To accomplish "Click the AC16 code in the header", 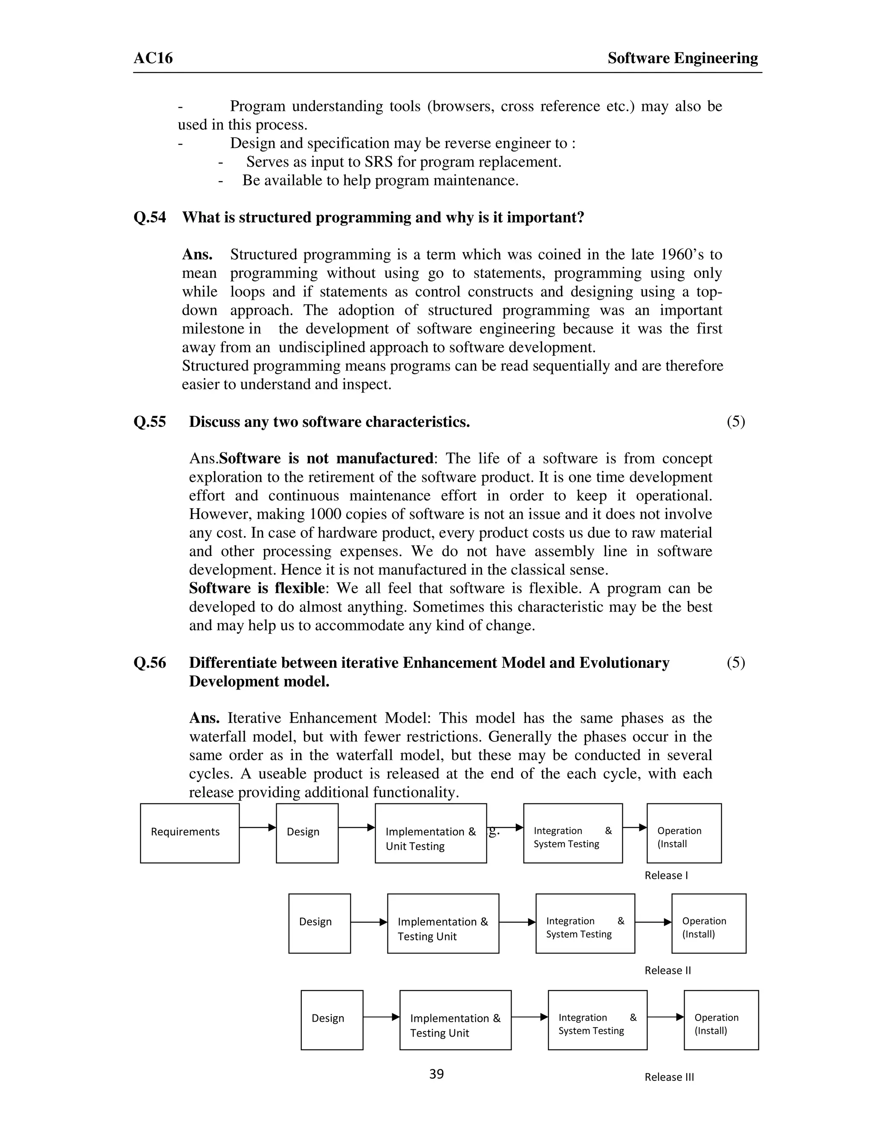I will point(153,58).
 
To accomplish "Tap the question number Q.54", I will point(150,217).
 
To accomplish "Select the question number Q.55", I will point(150,422).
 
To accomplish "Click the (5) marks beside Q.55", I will point(735,422).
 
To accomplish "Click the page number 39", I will point(436,1074).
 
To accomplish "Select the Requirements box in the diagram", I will point(189,833).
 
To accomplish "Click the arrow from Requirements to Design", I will point(257,827).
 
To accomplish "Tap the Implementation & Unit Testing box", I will point(430,833).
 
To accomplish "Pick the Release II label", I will point(667,971).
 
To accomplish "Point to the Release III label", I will point(669,1077).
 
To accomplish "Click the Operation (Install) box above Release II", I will point(708,924).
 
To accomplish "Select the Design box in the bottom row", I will point(332,1020).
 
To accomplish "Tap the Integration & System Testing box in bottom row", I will point(597,1020).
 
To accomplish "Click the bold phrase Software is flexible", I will point(257,588).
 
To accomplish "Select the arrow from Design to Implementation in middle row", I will point(369,922).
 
